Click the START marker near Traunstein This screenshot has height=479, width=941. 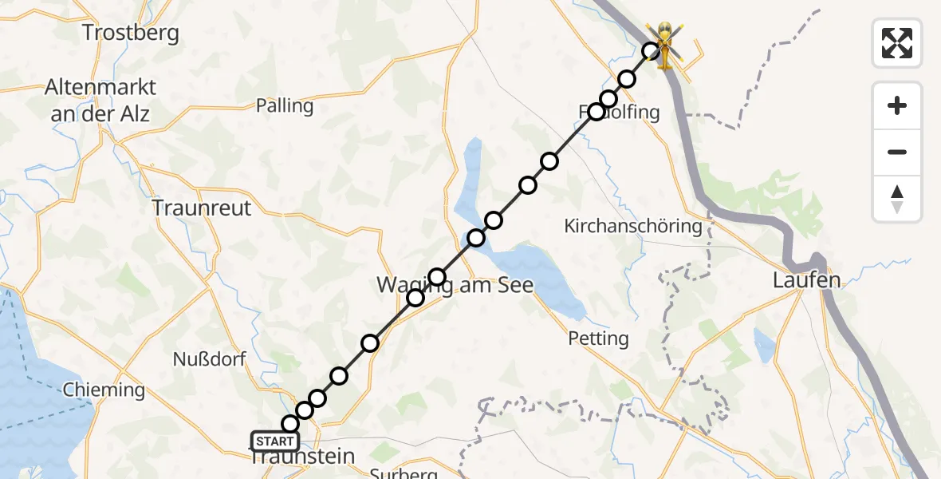(x=275, y=441)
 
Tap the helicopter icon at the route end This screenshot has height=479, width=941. (x=665, y=45)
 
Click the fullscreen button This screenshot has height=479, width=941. (x=897, y=43)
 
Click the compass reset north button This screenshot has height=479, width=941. (x=897, y=198)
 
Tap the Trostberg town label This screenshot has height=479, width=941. (x=132, y=33)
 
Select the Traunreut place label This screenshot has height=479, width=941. (x=203, y=208)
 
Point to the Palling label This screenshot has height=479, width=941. (x=285, y=105)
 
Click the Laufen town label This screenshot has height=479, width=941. (x=807, y=280)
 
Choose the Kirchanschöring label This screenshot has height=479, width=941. (x=633, y=226)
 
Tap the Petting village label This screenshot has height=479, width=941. (x=598, y=338)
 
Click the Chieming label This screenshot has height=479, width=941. (x=104, y=390)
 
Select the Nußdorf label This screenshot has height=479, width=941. (x=210, y=359)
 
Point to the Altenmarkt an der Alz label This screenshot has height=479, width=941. (x=101, y=100)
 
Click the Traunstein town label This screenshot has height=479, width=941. (x=303, y=457)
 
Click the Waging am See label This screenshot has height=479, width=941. (x=455, y=285)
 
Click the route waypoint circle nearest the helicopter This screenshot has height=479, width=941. (x=652, y=51)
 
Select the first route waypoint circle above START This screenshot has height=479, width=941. (x=290, y=424)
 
